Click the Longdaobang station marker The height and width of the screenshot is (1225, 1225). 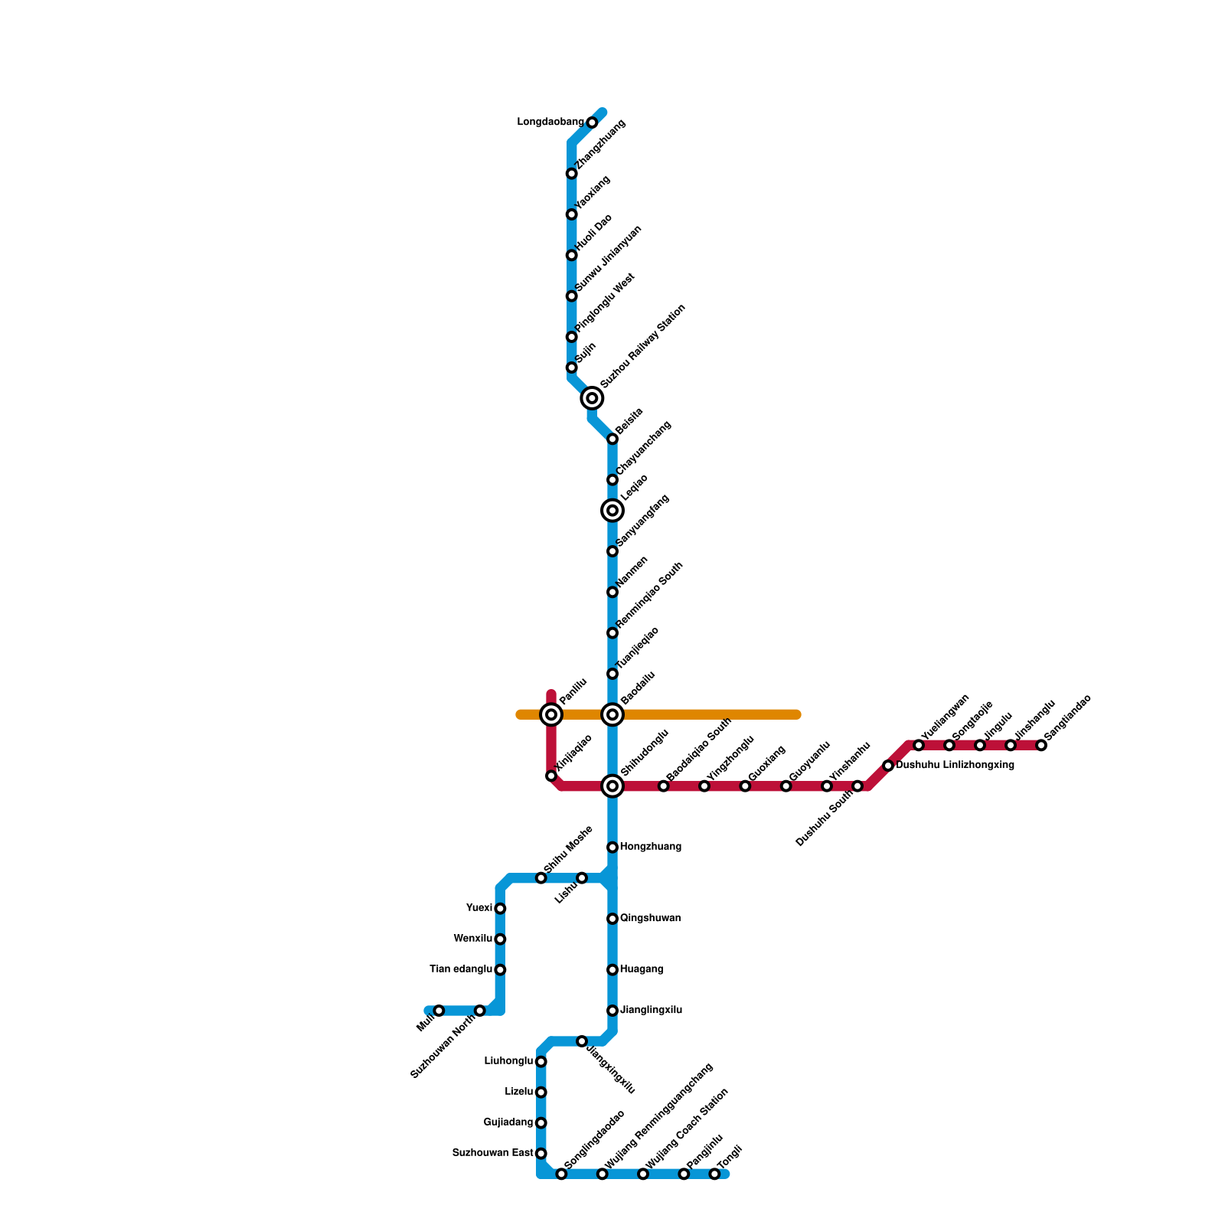(592, 122)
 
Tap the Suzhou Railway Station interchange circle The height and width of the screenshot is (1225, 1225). (592, 398)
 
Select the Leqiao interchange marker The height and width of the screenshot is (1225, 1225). (612, 510)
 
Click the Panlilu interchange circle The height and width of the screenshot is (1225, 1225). (551, 715)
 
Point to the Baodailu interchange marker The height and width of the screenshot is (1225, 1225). (612, 715)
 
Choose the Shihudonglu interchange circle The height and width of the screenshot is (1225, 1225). (612, 786)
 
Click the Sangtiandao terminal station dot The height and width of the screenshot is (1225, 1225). (1041, 745)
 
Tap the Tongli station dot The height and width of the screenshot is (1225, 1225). (714, 1174)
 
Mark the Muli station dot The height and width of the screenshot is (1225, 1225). (439, 1011)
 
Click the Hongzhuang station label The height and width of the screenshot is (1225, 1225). (650, 847)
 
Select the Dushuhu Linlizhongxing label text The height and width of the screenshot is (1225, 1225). (955, 765)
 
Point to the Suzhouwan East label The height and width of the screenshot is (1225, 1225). (492, 1153)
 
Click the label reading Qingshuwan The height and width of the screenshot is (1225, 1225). (650, 918)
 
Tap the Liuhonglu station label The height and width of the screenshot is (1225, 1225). (508, 1061)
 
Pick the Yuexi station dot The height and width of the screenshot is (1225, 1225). (500, 909)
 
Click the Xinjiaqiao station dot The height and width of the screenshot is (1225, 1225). (551, 776)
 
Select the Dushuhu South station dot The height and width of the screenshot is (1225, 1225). (857, 786)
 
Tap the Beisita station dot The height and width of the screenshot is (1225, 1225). (612, 439)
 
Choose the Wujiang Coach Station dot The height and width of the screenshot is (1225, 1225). (643, 1174)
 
